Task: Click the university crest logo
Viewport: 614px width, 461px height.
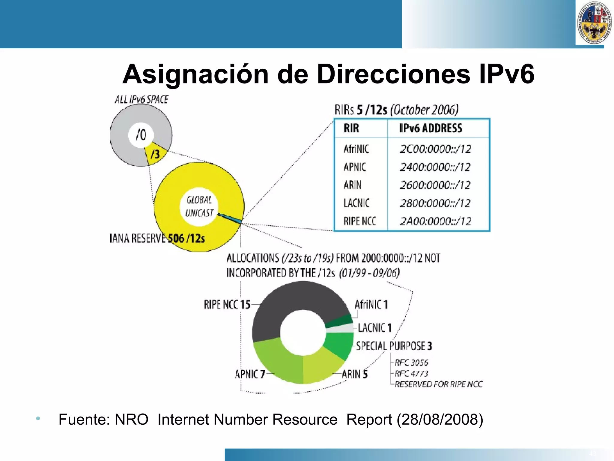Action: click(x=594, y=23)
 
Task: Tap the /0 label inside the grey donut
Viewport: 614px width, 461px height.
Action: click(x=141, y=135)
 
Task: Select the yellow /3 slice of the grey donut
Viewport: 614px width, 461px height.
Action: click(x=155, y=154)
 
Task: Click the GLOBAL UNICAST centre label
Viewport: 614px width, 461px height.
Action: click(x=199, y=206)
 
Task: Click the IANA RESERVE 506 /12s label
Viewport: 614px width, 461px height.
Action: click(x=157, y=239)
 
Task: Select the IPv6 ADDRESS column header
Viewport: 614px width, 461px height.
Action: click(x=431, y=128)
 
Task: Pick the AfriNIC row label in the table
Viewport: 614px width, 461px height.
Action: click(x=356, y=149)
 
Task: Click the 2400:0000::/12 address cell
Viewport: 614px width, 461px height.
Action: click(x=435, y=167)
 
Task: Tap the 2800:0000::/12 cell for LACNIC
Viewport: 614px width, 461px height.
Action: click(x=435, y=203)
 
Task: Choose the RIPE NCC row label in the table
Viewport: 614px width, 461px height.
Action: click(x=359, y=221)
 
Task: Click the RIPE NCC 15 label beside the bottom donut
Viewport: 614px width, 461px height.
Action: click(x=227, y=304)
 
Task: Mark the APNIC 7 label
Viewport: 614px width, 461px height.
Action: click(x=250, y=374)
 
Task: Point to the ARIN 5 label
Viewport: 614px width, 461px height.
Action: click(x=354, y=374)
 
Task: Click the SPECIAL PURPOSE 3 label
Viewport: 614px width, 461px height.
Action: click(x=394, y=346)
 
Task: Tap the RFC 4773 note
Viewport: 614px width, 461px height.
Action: click(x=411, y=374)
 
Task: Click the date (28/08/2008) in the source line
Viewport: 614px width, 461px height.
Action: click(x=440, y=420)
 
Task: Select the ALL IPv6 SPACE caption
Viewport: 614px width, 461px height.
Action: click(x=141, y=99)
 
